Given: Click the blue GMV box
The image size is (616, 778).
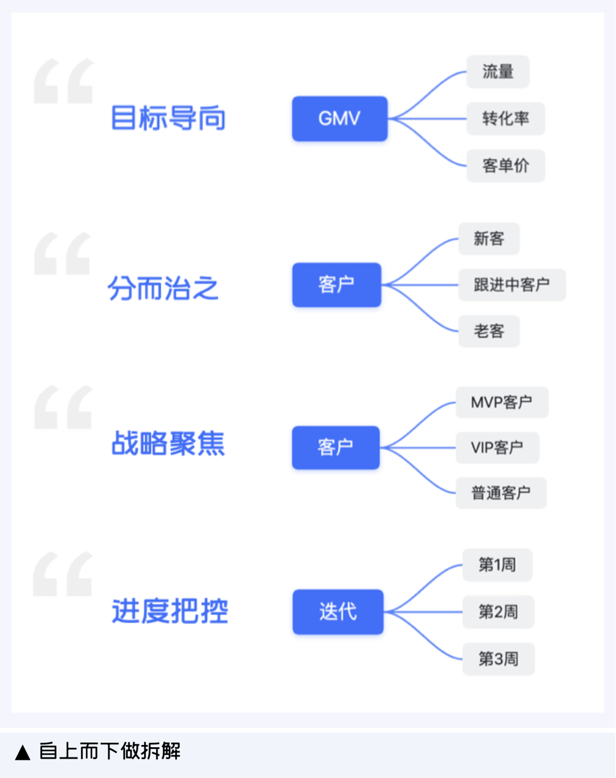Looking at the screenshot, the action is [339, 119].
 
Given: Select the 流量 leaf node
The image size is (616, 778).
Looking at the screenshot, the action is [498, 72].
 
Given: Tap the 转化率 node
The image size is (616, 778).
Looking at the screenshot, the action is [505, 119].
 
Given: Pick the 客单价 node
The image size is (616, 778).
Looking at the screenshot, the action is [505, 166].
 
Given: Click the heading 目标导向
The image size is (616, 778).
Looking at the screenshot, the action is [168, 118].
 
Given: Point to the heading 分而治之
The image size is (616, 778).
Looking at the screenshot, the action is [163, 288].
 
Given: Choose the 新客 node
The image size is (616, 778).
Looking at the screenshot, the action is [489, 238].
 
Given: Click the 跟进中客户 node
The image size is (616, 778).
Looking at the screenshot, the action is [512, 285].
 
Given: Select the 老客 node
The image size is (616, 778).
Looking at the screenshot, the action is [489, 331].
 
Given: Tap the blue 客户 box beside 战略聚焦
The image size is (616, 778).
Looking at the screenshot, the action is [335, 448].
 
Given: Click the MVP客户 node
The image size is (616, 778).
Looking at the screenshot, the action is [501, 402].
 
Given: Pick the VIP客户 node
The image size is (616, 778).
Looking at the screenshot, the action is [497, 448].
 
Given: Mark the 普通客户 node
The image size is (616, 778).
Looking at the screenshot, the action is [501, 493].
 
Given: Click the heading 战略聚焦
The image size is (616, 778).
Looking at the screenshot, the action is [168, 443].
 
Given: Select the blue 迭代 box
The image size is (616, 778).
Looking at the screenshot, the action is [338, 612].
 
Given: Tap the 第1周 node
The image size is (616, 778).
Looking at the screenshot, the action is [497, 565].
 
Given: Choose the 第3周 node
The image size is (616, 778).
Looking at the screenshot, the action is [498, 659].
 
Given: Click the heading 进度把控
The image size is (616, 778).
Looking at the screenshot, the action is [170, 611].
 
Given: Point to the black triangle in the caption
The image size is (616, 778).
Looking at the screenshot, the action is [23, 752].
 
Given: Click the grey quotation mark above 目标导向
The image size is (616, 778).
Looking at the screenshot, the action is [63, 81].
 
